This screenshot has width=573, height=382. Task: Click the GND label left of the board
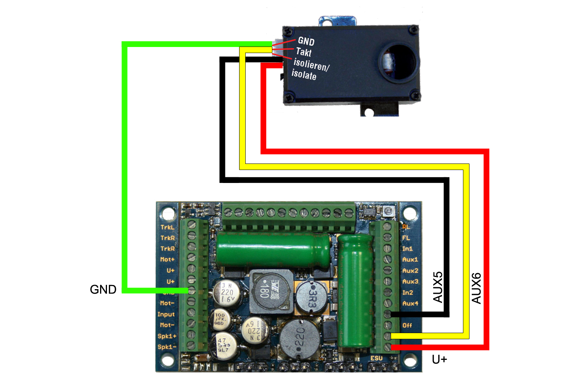tap(103, 290)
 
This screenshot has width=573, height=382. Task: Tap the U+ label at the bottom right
tap(439, 359)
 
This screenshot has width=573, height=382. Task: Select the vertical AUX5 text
tap(438, 287)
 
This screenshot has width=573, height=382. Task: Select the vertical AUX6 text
tap(476, 288)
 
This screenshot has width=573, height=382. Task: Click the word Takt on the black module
tap(304, 52)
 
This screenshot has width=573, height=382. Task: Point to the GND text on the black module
tap(306, 41)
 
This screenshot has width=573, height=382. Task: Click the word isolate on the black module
tap(304, 74)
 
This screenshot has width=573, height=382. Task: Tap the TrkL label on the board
tap(167, 227)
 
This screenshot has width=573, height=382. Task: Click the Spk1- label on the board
tap(167, 347)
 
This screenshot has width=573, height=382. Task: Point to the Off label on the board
tap(407, 325)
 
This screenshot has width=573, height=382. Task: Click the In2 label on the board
tap(408, 293)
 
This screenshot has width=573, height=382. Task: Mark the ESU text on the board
tap(376, 358)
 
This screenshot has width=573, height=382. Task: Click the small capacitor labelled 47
tap(223, 345)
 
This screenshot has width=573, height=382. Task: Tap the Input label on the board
tap(166, 314)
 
